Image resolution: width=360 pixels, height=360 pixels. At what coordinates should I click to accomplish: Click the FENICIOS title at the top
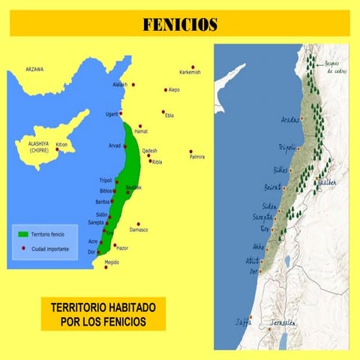click(180, 25)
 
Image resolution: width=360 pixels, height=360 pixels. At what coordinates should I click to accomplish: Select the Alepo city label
click(174, 89)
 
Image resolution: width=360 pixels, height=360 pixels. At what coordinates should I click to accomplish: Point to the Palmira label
click(197, 157)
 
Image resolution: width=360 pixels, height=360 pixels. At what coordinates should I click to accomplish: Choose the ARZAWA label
click(34, 69)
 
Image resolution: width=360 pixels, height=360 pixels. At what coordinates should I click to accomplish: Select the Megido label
click(112, 262)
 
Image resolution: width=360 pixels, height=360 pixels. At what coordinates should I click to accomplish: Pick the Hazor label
click(124, 247)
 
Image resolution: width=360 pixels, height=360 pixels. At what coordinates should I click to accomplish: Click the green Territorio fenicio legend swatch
click(23, 235)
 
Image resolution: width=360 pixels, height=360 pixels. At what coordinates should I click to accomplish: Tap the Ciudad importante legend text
click(52, 247)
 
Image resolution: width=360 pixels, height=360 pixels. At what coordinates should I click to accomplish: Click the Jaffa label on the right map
click(243, 322)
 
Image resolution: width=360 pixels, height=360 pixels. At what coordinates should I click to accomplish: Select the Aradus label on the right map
click(289, 120)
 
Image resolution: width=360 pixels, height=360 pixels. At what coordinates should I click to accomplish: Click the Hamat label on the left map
click(141, 132)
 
